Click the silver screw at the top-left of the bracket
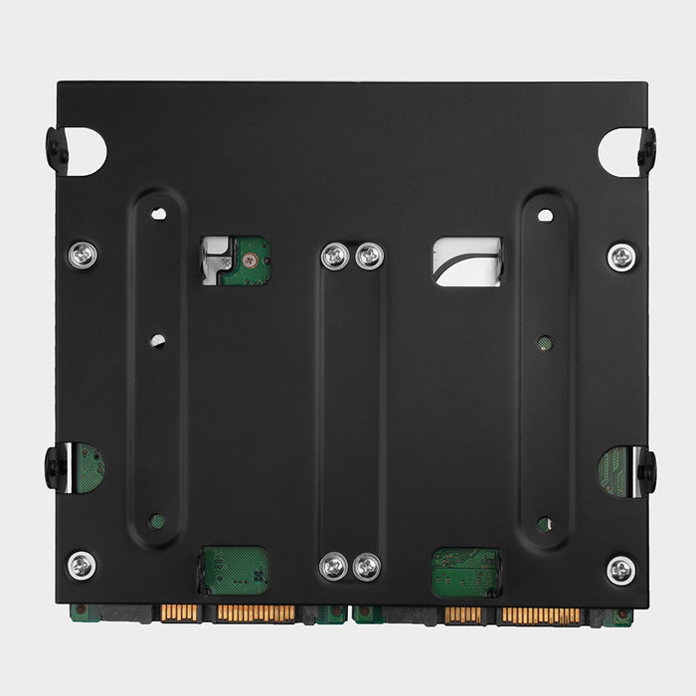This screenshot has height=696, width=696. pos(83,256)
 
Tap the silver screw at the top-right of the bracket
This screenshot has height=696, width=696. pos(621,256)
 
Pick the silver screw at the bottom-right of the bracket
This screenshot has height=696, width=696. pos(621,569)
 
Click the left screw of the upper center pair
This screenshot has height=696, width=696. pos(335,257)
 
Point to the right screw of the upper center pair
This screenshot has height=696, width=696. pos(369,257)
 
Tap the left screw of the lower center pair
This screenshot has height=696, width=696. pos(334,567)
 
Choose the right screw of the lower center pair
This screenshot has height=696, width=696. pos(367,567)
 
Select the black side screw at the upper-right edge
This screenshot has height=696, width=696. pos(647,149)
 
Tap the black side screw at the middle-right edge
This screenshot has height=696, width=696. pos(647,469)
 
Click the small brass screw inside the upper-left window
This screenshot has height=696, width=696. pos(251,260)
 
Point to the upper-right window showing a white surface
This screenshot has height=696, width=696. pos(467,261)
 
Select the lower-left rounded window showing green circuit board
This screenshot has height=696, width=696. pos(236,570)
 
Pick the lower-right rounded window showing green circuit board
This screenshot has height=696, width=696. pos(465,571)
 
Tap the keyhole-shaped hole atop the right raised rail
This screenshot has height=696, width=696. pos(545,213)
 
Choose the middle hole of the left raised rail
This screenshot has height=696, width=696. pos(158,341)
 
